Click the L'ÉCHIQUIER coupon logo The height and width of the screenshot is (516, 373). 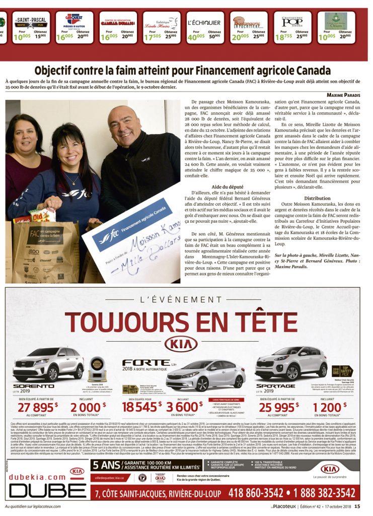pos(204,23)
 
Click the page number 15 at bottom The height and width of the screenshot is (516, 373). pos(357,507)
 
